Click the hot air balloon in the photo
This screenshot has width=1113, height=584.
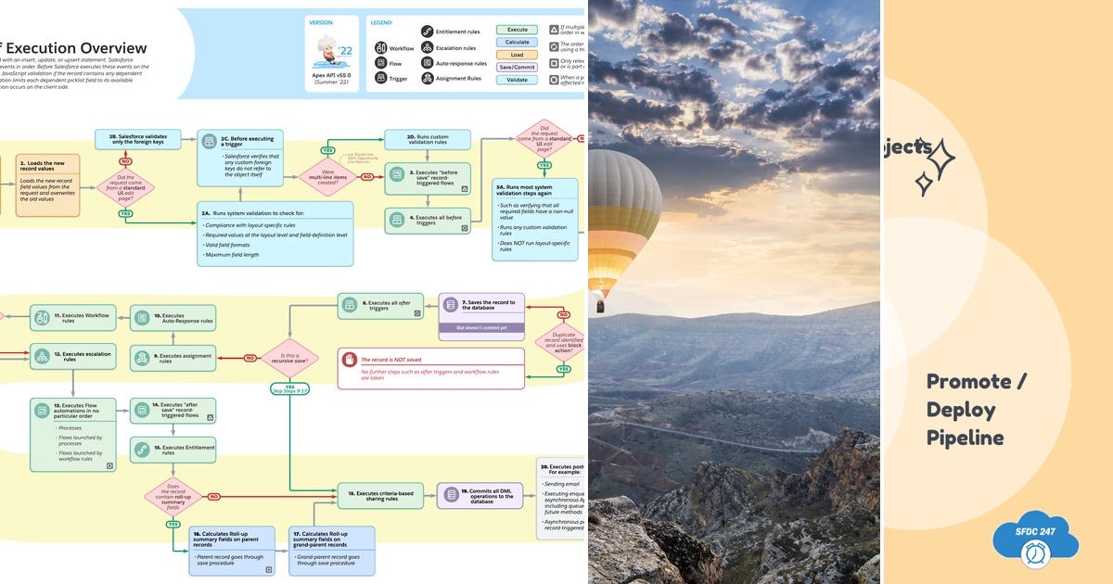pyautogui.click(x=623, y=222)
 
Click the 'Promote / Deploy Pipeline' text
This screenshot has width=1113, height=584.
pyautogui.click(x=969, y=410)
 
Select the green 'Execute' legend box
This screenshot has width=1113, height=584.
pyautogui.click(x=517, y=30)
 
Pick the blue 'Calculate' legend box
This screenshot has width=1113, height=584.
pyautogui.click(x=517, y=43)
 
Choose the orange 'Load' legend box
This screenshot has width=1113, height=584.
pyautogui.click(x=517, y=55)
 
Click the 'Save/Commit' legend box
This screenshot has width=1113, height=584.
pyautogui.click(x=517, y=67)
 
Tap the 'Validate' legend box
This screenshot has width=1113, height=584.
pyautogui.click(x=517, y=80)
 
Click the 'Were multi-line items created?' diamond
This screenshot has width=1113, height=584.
pyautogui.click(x=326, y=176)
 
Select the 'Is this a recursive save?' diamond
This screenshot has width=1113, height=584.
pyautogui.click(x=289, y=358)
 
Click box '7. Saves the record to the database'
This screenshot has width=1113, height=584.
pyautogui.click(x=480, y=308)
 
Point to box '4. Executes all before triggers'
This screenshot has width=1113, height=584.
pyautogui.click(x=428, y=221)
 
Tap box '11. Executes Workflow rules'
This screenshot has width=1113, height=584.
pyautogui.click(x=72, y=318)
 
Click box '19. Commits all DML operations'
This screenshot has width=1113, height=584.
pyautogui.click(x=480, y=495)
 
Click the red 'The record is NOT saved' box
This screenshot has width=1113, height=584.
pyautogui.click(x=430, y=368)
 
